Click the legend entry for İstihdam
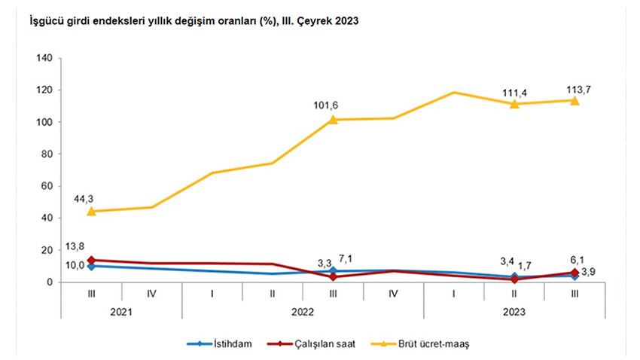(x=224, y=343)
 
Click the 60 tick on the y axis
(x=46, y=186)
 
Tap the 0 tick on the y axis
(x=49, y=282)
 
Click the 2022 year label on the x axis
(x=303, y=310)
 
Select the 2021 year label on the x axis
(x=122, y=310)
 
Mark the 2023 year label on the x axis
(x=514, y=310)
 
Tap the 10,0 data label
(x=76, y=265)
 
